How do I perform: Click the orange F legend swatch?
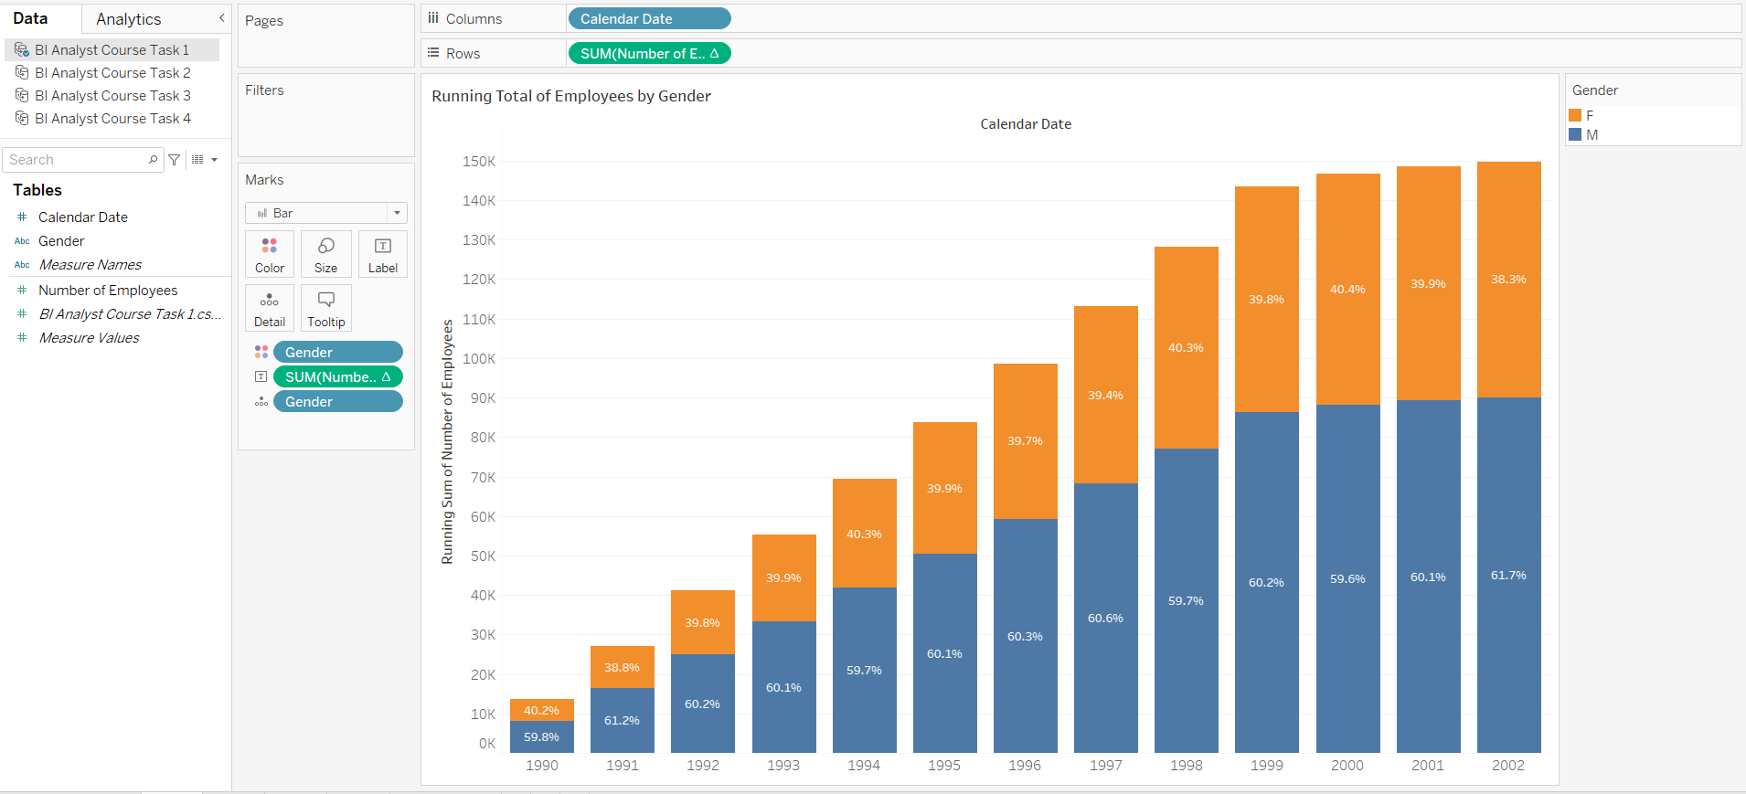click(1575, 115)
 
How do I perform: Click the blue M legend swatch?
click(1575, 134)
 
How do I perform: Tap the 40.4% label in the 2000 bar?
click(1347, 290)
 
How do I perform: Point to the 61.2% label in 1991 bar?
click(622, 721)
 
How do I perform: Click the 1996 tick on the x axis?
click(1025, 766)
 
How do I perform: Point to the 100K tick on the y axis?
click(479, 359)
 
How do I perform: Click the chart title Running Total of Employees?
click(570, 96)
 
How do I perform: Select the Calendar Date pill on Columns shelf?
click(648, 18)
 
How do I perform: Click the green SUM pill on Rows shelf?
click(648, 53)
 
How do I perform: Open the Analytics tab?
click(128, 19)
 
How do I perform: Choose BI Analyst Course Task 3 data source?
click(112, 96)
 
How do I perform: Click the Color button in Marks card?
click(270, 254)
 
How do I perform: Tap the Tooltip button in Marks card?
click(326, 308)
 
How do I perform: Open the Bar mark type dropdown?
click(326, 213)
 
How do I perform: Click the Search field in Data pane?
click(78, 160)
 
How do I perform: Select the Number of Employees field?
click(108, 291)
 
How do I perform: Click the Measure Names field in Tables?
click(90, 265)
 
